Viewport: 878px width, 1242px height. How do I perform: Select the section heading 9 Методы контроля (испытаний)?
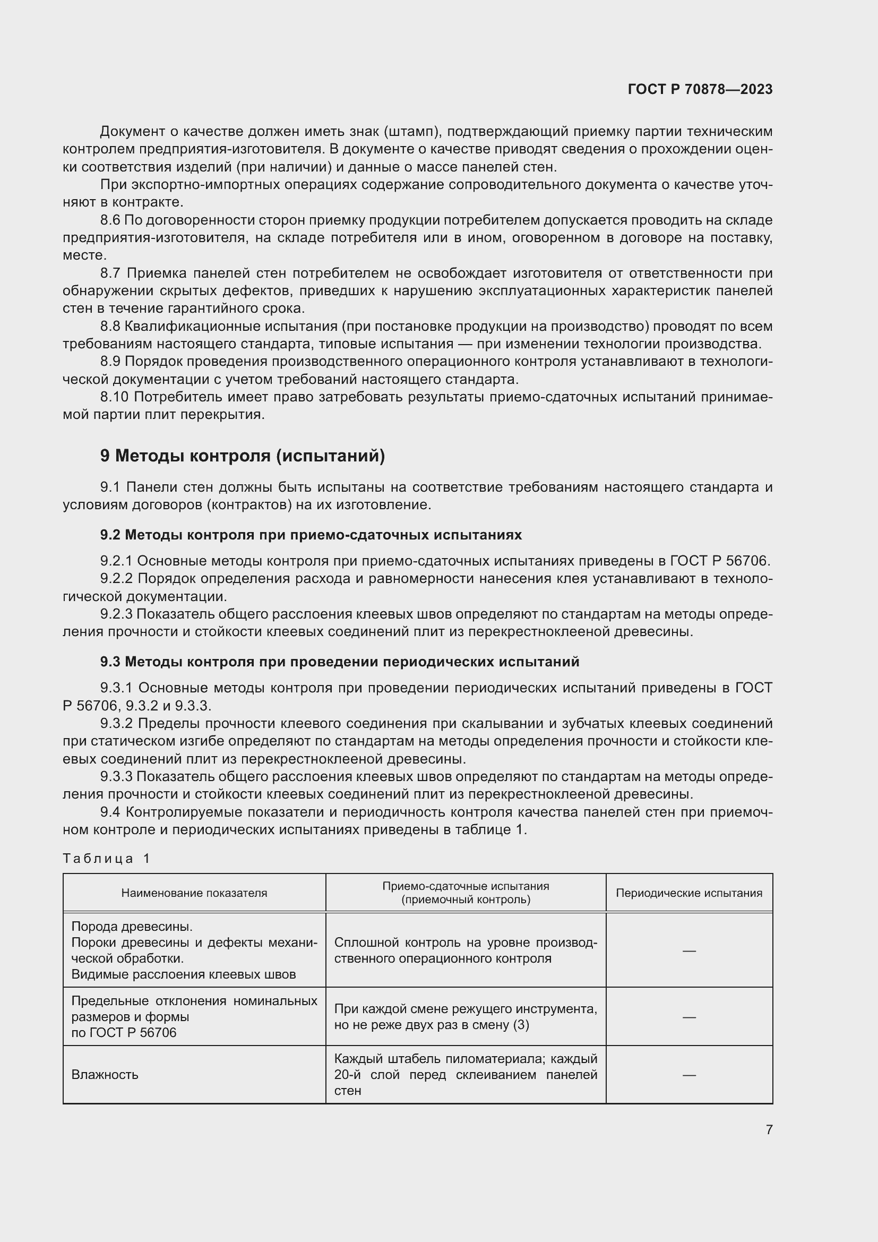coord(242,456)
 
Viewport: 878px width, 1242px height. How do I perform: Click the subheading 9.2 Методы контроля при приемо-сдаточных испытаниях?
coord(311,535)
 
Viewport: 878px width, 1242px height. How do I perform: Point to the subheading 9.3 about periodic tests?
coord(340,662)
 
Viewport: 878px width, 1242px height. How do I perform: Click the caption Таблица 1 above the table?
coord(107,859)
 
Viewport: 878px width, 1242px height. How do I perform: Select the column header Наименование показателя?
coord(194,893)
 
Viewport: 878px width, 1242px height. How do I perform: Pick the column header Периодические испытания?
coord(689,893)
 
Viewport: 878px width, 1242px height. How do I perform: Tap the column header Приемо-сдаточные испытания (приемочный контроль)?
coord(466,893)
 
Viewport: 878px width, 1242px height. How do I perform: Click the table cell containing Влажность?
coord(105,1075)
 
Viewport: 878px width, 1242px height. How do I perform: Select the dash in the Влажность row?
coord(689,1075)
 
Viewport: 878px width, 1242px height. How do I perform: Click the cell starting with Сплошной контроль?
coord(466,950)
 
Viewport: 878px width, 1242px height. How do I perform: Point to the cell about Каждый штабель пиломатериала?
coord(466,1075)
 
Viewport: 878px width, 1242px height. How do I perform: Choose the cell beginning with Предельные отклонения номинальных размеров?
coord(194,1016)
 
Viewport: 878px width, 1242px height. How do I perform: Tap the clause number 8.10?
coord(114,397)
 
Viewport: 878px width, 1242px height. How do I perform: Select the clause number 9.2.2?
coord(116,579)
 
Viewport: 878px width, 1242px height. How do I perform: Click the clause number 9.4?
coord(110,812)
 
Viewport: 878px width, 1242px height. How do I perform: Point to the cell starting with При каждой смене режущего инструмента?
coord(466,1016)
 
